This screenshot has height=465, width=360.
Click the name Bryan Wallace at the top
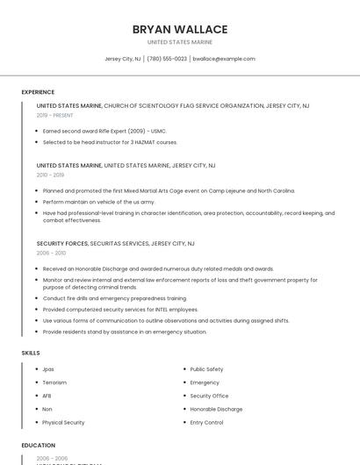tap(180, 29)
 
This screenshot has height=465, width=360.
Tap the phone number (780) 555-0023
tap(167, 59)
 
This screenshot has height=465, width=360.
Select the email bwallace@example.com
tap(224, 59)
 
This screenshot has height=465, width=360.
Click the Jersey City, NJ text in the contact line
tap(123, 59)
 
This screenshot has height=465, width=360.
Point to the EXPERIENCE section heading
tap(38, 91)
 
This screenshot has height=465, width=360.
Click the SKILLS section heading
tap(31, 352)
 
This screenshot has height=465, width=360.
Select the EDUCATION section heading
tap(39, 445)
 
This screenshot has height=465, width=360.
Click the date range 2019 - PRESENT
tap(55, 115)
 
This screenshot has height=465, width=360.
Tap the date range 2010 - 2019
tap(50, 175)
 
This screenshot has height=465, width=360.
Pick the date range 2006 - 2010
tap(51, 253)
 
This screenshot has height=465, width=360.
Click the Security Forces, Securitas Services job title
tap(116, 243)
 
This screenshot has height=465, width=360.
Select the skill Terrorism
tap(54, 383)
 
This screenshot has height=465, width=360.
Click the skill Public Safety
tap(206, 369)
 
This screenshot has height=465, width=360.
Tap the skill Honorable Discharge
tap(216, 409)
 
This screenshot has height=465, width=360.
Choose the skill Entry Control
tap(206, 422)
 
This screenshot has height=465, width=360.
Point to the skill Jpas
tap(48, 369)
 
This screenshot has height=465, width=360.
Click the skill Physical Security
tap(63, 422)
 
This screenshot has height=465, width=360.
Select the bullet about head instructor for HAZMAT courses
tap(110, 141)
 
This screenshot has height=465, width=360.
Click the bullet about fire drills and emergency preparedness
tap(114, 298)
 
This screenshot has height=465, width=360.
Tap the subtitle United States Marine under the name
tap(180, 42)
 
